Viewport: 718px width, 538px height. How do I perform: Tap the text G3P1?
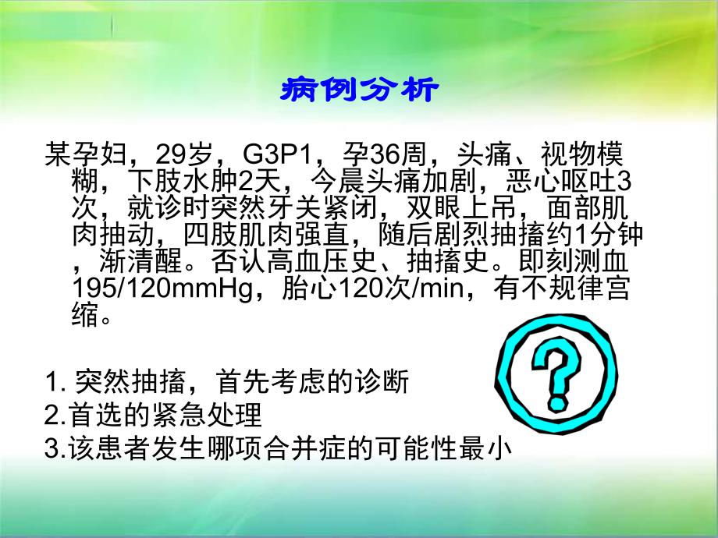pos(277,154)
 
